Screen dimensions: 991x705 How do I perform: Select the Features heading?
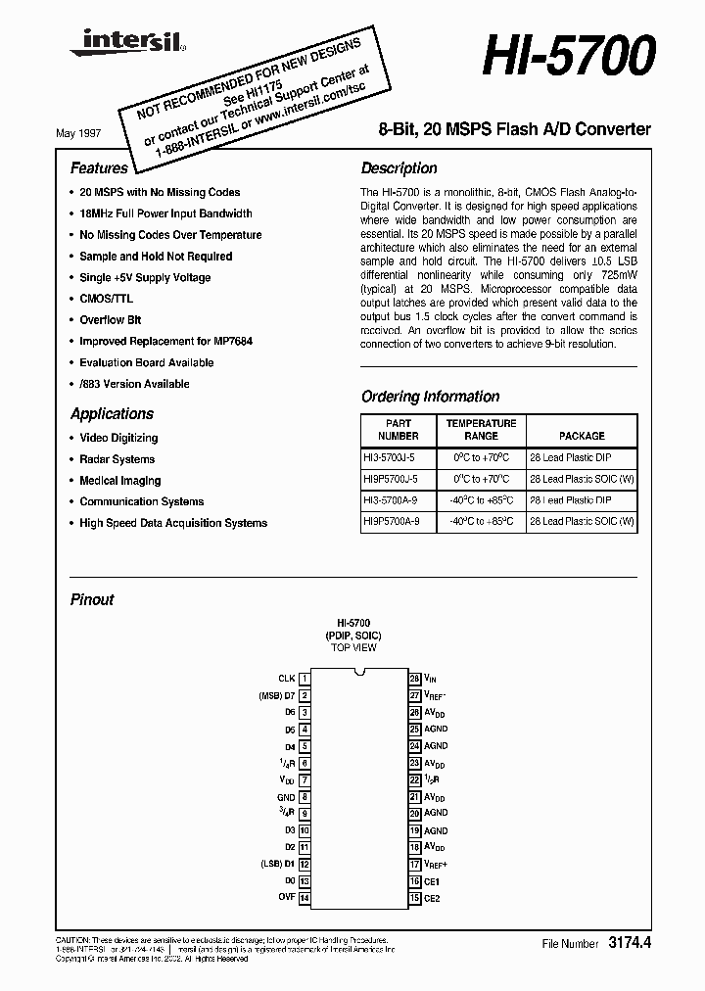(x=99, y=168)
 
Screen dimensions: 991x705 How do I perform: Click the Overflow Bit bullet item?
(x=110, y=320)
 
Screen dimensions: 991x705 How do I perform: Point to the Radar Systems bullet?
(x=117, y=459)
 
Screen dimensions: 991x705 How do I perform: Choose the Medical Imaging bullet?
(x=119, y=481)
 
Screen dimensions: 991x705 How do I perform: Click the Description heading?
(x=399, y=168)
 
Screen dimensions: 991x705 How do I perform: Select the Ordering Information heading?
(x=430, y=397)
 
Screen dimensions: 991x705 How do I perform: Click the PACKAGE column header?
(x=582, y=436)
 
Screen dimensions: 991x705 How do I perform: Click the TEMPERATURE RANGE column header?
(x=481, y=430)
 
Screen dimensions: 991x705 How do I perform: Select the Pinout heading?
(x=92, y=599)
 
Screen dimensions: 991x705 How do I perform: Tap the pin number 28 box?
(x=415, y=678)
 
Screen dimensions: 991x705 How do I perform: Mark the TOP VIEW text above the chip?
(x=353, y=648)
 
